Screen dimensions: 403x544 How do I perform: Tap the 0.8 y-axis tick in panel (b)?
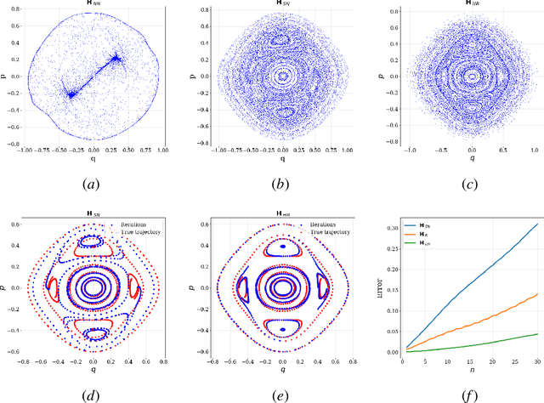[201, 11]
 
